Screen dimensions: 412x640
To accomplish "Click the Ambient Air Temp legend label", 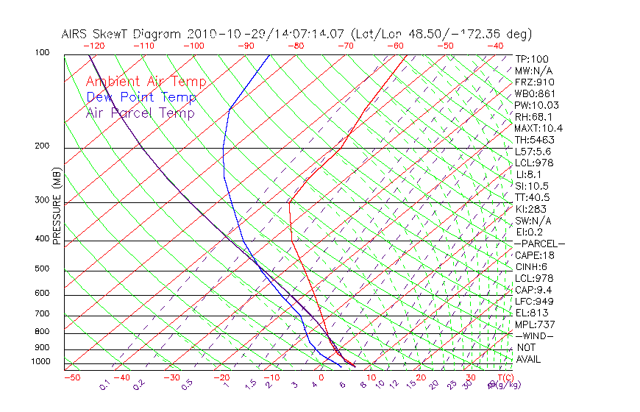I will tap(146, 82).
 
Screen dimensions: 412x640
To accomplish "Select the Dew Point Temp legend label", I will tap(141, 97).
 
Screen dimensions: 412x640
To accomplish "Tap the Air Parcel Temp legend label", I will tap(140, 113).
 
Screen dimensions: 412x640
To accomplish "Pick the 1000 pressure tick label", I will tap(41, 362).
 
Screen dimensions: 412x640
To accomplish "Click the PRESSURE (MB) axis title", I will tap(57, 205).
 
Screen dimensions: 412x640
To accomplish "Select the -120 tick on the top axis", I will tap(93, 46).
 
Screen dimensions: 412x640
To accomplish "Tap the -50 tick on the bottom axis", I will tap(71, 377).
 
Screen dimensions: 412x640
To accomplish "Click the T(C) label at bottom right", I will tap(505, 377).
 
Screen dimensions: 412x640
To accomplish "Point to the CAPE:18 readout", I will tap(535, 255).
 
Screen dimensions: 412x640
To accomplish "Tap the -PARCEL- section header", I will tap(539, 244).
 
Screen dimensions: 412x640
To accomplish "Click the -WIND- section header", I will tap(535, 335).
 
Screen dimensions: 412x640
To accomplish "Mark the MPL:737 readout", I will tap(533, 324).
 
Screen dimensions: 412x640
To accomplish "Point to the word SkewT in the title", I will tap(127, 34).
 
